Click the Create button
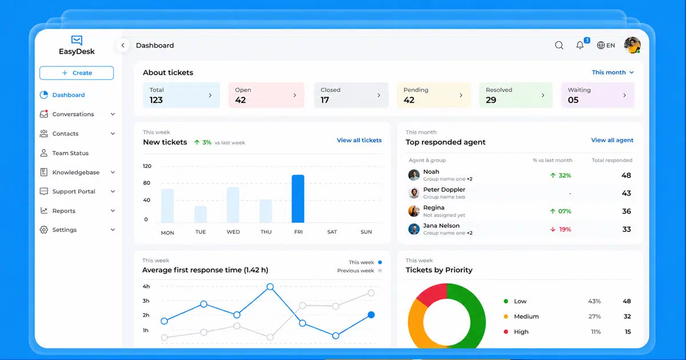(77, 73)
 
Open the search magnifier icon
(559, 45)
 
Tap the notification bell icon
(580, 45)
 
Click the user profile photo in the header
(632, 45)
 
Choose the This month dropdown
(612, 72)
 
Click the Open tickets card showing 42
(266, 95)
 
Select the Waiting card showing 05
(597, 95)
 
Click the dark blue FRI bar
(298, 199)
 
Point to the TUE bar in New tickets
(201, 214)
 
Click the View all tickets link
(359, 140)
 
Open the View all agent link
(612, 140)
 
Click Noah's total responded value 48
(627, 175)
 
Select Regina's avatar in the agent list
(414, 211)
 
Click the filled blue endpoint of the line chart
(371, 315)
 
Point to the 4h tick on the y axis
(146, 286)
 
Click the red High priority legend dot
(506, 331)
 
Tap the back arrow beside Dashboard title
(123, 45)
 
